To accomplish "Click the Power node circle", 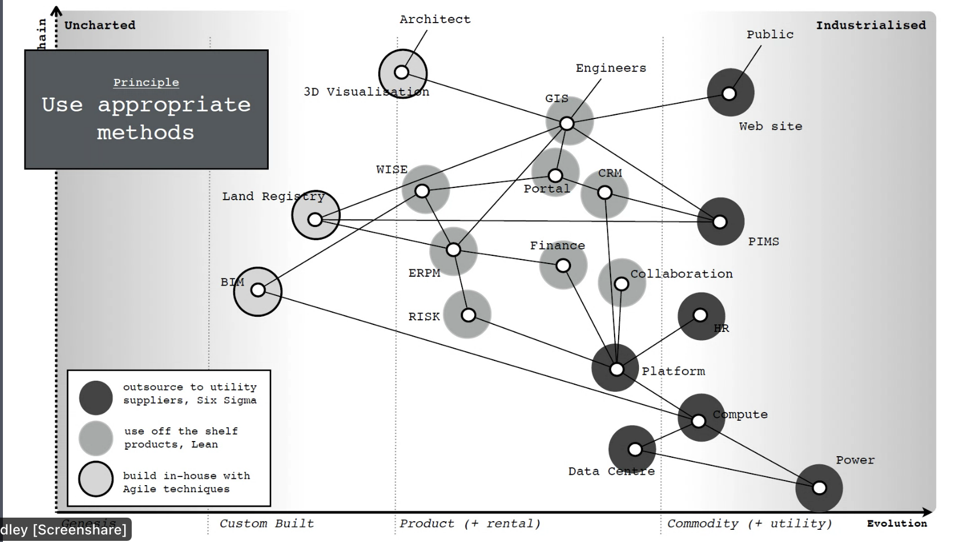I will click(x=819, y=488).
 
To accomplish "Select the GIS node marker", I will click(x=567, y=123).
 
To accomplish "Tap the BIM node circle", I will click(x=258, y=290).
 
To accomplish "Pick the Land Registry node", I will click(x=315, y=219).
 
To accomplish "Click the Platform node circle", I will click(x=616, y=369).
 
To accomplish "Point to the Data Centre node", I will click(x=635, y=449).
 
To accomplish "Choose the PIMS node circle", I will click(x=720, y=222).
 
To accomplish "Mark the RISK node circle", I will click(x=468, y=315).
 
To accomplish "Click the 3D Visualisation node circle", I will click(x=402, y=73).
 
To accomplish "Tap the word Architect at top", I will click(x=435, y=19).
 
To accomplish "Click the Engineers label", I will click(x=611, y=68).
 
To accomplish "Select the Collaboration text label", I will click(x=681, y=274).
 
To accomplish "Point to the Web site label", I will click(x=770, y=126).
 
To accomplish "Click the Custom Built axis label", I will click(x=266, y=523).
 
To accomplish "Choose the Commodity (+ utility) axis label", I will click(x=749, y=523).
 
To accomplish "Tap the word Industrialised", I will click(x=871, y=25).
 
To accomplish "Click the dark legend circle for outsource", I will click(x=96, y=398).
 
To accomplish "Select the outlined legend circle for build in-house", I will click(x=96, y=479).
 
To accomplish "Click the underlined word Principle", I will click(x=146, y=82).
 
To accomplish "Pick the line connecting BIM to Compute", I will click(x=476, y=354).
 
